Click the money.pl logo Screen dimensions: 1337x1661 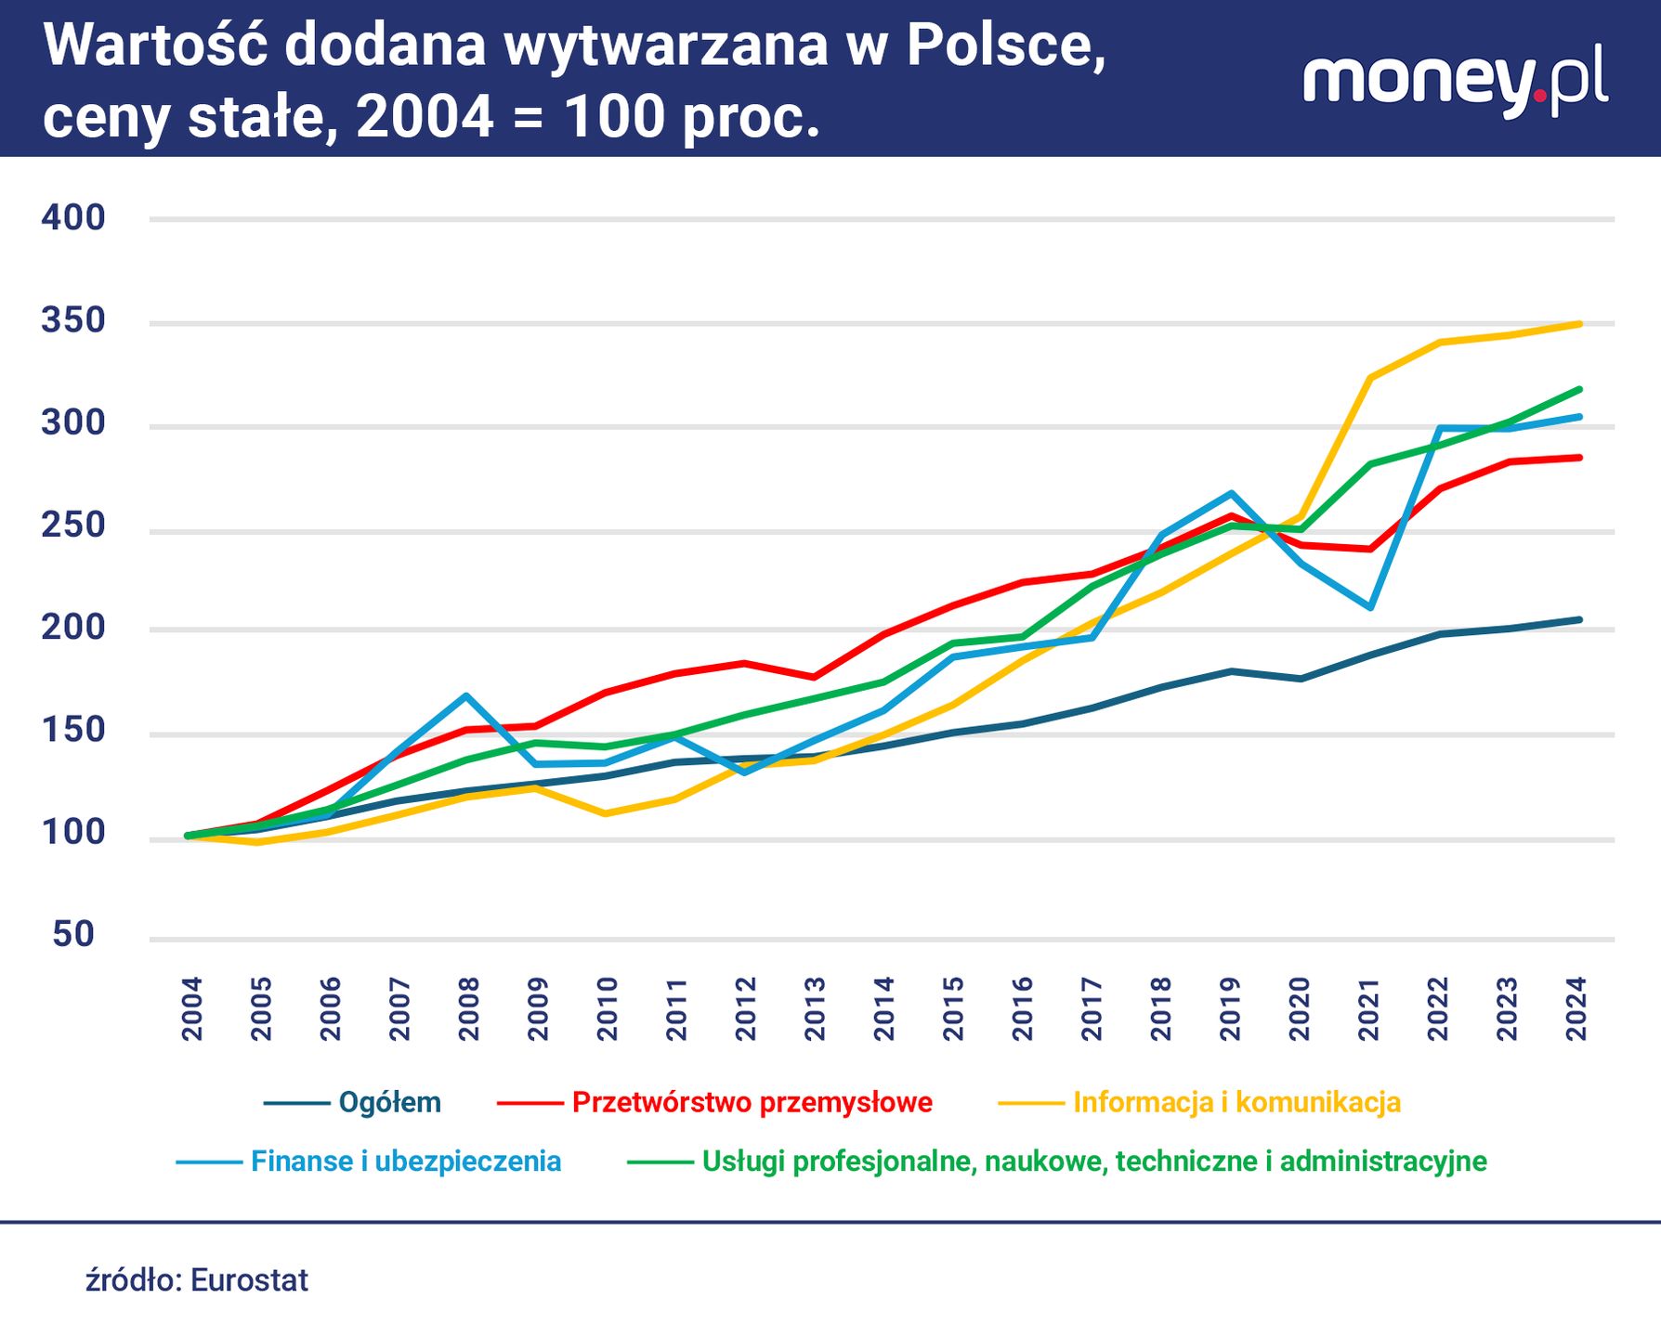[1454, 81]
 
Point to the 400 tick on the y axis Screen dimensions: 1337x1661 [73, 218]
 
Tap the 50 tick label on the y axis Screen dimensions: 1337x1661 [73, 934]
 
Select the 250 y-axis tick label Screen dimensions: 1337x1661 [73, 526]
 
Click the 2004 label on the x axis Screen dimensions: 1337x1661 [192, 1008]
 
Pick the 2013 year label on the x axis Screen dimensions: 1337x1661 [815, 1008]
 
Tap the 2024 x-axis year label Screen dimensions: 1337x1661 [1576, 1008]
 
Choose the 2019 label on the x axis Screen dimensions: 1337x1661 [1230, 1008]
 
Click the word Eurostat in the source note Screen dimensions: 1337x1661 [249, 1280]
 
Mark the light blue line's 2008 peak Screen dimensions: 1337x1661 [465, 695]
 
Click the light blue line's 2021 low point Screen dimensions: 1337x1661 [1370, 607]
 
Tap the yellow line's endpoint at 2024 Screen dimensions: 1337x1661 [1579, 324]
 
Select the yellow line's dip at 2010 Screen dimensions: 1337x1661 [605, 813]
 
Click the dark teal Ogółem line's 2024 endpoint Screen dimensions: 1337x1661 [1579, 619]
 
